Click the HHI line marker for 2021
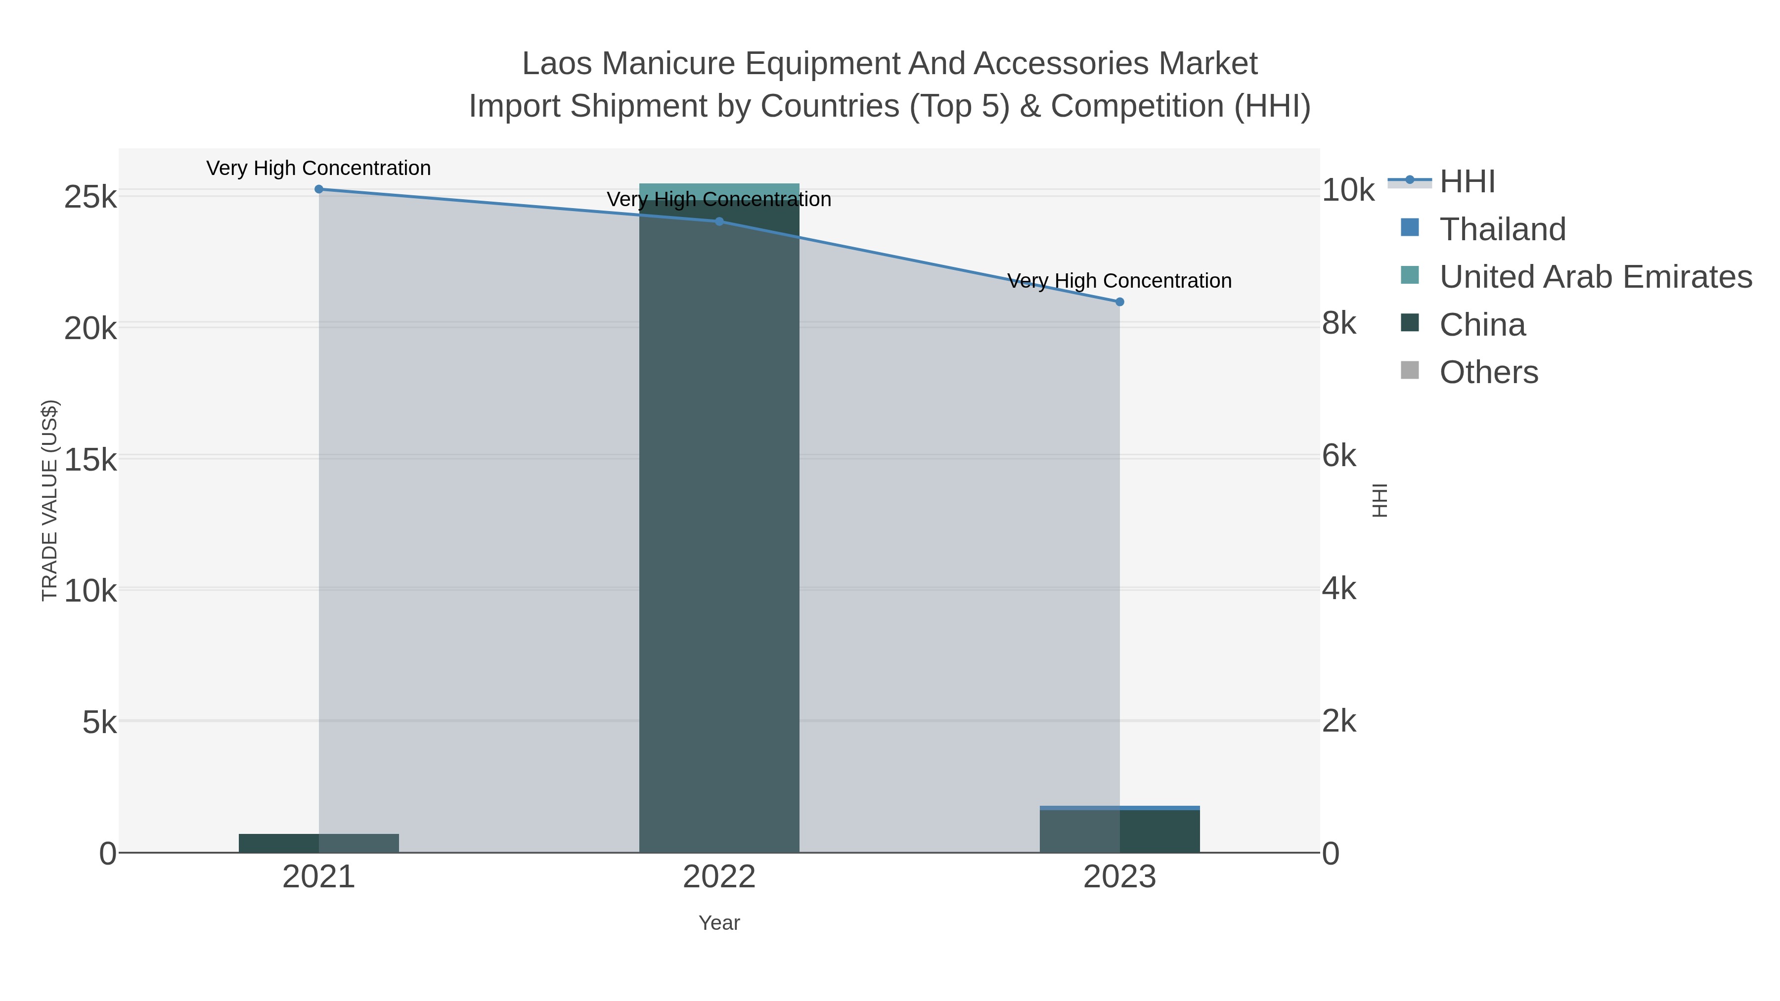pyautogui.click(x=318, y=189)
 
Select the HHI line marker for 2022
pyautogui.click(x=718, y=221)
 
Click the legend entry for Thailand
pyautogui.click(x=1502, y=229)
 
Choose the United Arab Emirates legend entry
pyautogui.click(x=1595, y=276)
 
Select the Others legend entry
pyautogui.click(x=1488, y=372)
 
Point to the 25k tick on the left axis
pyautogui.click(x=90, y=197)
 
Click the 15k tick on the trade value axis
pyautogui.click(x=90, y=459)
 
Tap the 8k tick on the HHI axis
pyautogui.click(x=1338, y=323)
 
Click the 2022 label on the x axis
pyautogui.click(x=718, y=876)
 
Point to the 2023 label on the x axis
pyautogui.click(x=1119, y=876)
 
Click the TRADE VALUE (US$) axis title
pyautogui.click(x=50, y=500)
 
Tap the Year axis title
pyautogui.click(x=718, y=923)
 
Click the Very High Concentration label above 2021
pyautogui.click(x=318, y=168)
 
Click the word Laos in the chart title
pyautogui.click(x=556, y=64)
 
